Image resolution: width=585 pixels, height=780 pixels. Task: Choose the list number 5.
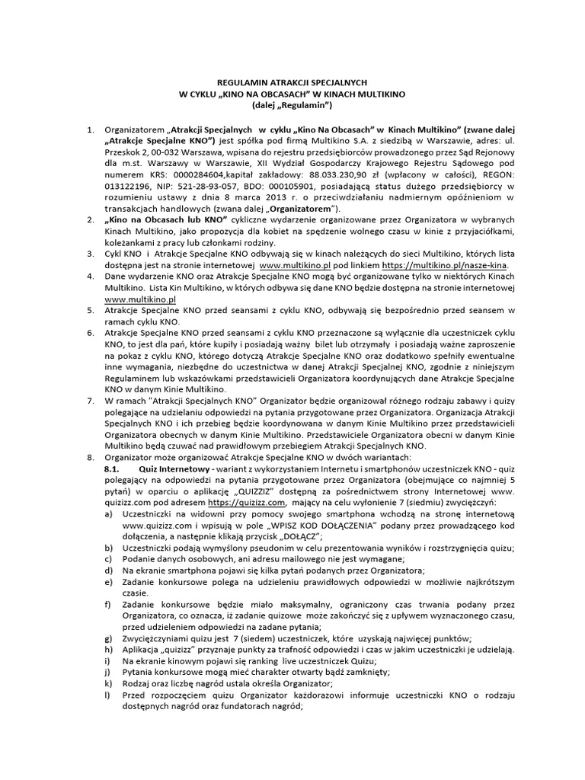(90, 311)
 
